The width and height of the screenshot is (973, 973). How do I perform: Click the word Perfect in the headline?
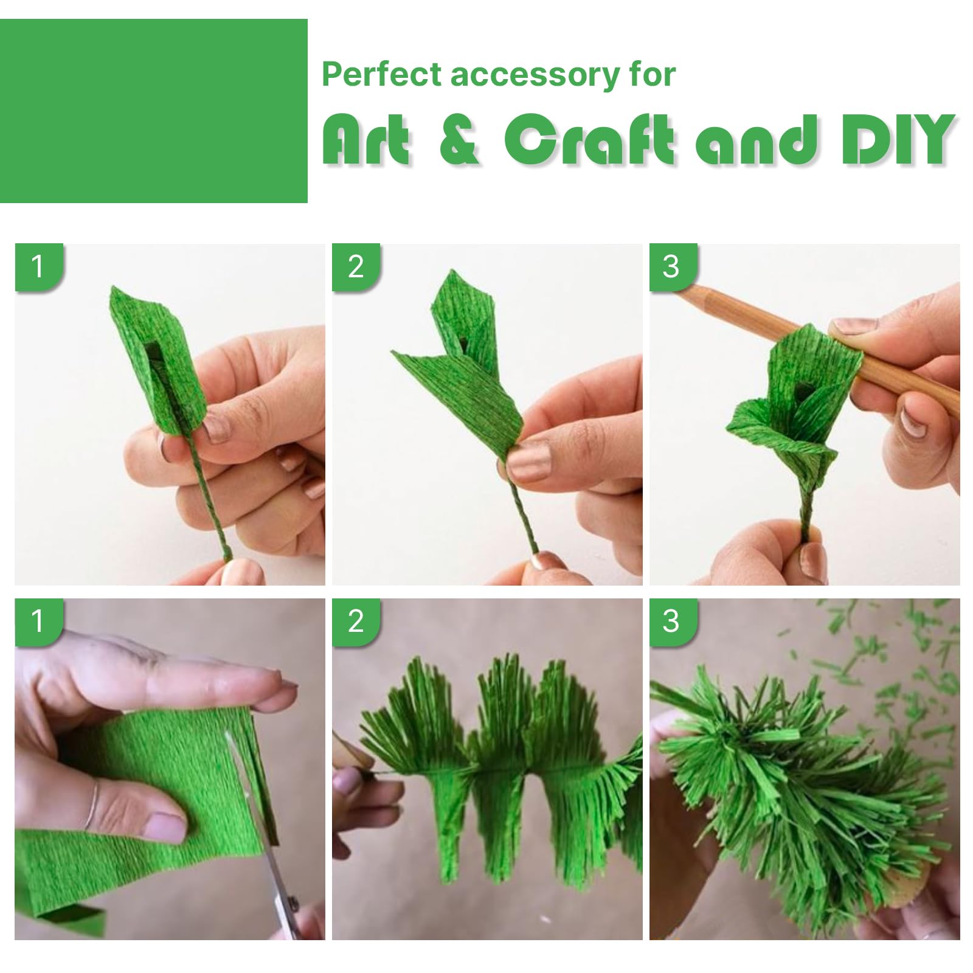pyautogui.click(x=381, y=74)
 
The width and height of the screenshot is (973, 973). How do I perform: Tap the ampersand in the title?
pyautogui.click(x=460, y=140)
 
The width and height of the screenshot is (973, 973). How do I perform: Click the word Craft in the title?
pyautogui.click(x=589, y=140)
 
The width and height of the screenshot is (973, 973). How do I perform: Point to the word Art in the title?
pyautogui.click(x=365, y=140)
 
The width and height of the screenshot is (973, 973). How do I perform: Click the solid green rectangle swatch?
pyautogui.click(x=154, y=111)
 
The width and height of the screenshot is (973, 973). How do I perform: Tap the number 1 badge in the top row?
pyautogui.click(x=38, y=267)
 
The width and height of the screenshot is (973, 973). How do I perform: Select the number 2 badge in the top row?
pyautogui.click(x=356, y=267)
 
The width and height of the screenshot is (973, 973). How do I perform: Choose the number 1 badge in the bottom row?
pyautogui.click(x=38, y=622)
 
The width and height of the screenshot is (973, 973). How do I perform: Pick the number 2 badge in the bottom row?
pyautogui.click(x=356, y=622)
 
